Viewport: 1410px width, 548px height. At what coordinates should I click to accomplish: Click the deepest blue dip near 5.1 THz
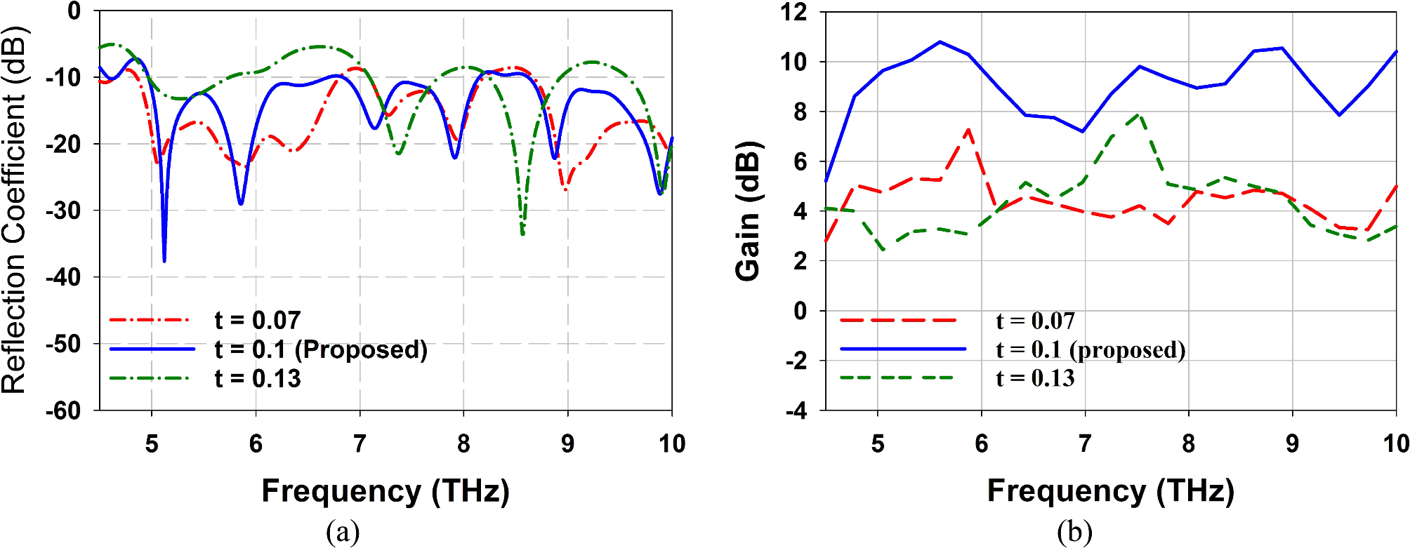(164, 261)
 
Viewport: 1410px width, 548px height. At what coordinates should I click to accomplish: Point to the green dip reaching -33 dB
(522, 234)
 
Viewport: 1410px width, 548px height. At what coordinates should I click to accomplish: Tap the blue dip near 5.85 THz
(241, 203)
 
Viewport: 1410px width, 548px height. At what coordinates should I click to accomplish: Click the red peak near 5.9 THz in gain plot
(968, 130)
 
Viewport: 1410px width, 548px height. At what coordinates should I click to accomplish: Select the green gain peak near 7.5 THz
(1138, 114)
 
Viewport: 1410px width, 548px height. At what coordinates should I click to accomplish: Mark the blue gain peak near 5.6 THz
(940, 42)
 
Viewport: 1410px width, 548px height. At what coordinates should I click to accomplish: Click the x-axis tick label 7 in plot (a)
(360, 443)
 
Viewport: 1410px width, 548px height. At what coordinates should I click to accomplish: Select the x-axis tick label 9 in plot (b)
(1292, 443)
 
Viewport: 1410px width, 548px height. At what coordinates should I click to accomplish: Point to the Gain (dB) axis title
(749, 210)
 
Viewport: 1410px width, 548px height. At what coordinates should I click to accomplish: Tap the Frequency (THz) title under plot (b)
(1110, 490)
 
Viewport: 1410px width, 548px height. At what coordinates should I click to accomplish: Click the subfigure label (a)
(343, 533)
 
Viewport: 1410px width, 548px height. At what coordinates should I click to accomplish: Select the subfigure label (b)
(1074, 533)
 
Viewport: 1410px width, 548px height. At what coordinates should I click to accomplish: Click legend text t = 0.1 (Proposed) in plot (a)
(321, 349)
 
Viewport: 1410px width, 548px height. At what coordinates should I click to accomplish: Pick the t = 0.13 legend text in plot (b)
(1035, 378)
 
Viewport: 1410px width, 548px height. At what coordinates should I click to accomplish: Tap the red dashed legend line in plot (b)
(898, 320)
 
